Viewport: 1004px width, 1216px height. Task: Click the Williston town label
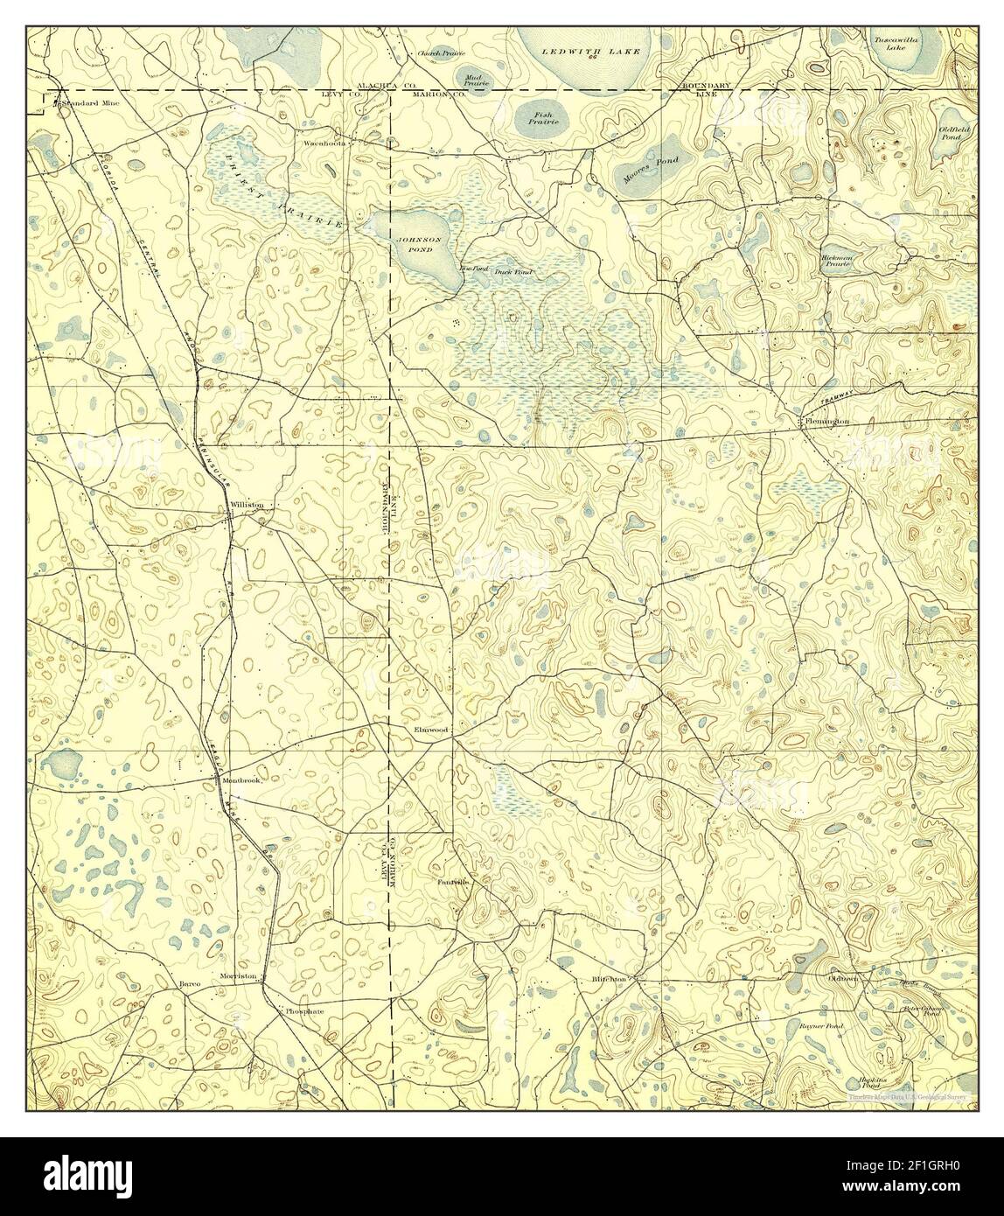(246, 506)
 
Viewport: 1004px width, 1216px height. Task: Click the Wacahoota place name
(325, 142)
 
